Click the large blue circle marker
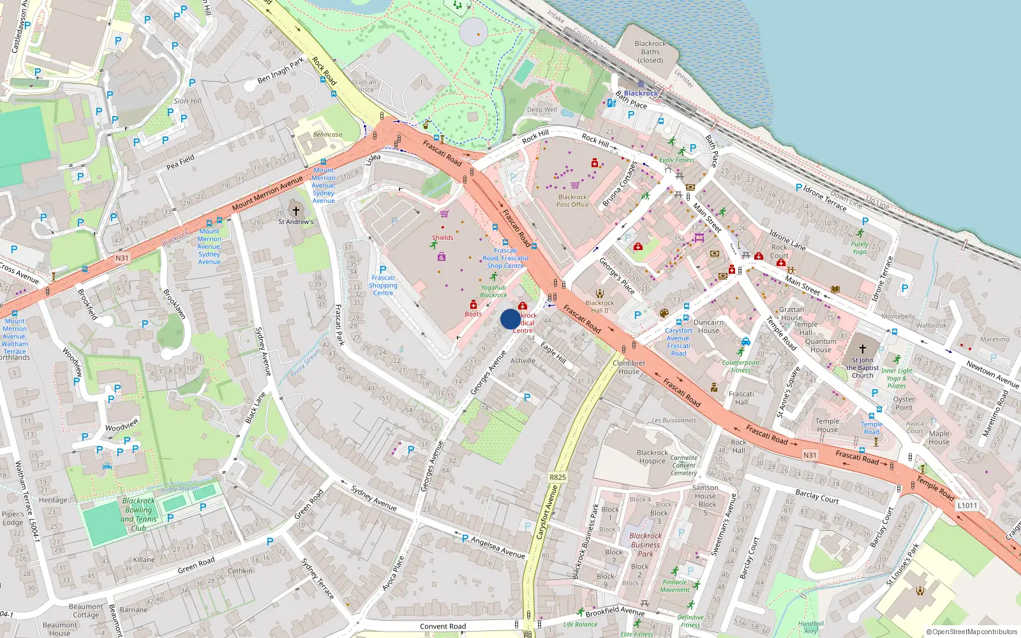point(511,319)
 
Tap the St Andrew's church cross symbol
point(295,211)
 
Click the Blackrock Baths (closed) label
point(650,52)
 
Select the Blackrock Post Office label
point(572,200)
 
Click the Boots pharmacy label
point(473,314)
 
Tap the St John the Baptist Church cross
point(862,349)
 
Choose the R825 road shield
point(558,477)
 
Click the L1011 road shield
point(967,505)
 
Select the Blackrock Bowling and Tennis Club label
point(138,514)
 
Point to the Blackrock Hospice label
point(652,457)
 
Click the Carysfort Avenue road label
point(546,512)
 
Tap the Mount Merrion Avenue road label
point(267,193)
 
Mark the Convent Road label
point(443,627)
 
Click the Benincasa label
point(327,135)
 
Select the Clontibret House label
point(629,367)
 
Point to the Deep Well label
point(542,110)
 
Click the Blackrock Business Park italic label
point(645,545)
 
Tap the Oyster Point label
point(904,403)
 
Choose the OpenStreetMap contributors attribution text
point(971,632)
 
